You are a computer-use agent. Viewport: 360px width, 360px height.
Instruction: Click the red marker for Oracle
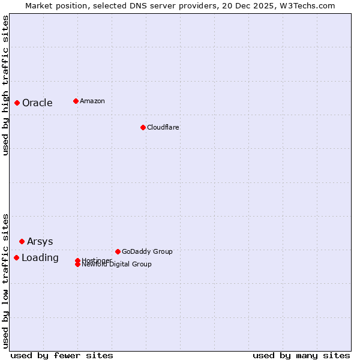[17, 103]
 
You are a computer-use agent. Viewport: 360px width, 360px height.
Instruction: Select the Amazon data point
[76, 101]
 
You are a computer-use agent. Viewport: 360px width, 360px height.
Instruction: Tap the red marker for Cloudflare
[143, 127]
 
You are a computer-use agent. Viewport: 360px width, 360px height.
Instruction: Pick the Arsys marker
[22, 241]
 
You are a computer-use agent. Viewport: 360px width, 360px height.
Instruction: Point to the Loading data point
[16, 257]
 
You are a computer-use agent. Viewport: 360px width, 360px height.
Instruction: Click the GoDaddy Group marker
[118, 251]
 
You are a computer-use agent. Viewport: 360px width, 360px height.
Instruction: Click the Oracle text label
[37, 103]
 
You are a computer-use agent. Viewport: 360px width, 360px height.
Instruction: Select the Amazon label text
[92, 101]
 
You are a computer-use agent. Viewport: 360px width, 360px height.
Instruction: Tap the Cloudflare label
[163, 127]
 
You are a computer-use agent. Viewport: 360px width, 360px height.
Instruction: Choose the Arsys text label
[40, 241]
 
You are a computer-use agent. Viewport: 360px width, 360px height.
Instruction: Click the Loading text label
[40, 257]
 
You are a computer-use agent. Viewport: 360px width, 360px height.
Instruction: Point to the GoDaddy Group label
[147, 251]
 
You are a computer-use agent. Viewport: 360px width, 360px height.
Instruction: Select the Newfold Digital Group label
[117, 265]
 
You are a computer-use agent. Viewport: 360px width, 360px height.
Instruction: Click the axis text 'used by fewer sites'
[62, 355]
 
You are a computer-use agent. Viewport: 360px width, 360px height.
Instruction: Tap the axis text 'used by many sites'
[301, 355]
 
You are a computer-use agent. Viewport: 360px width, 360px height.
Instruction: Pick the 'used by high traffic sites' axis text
[5, 85]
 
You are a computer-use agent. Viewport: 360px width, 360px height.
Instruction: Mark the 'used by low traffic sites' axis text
[5, 280]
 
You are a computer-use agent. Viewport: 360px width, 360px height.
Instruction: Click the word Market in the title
[38, 5]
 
